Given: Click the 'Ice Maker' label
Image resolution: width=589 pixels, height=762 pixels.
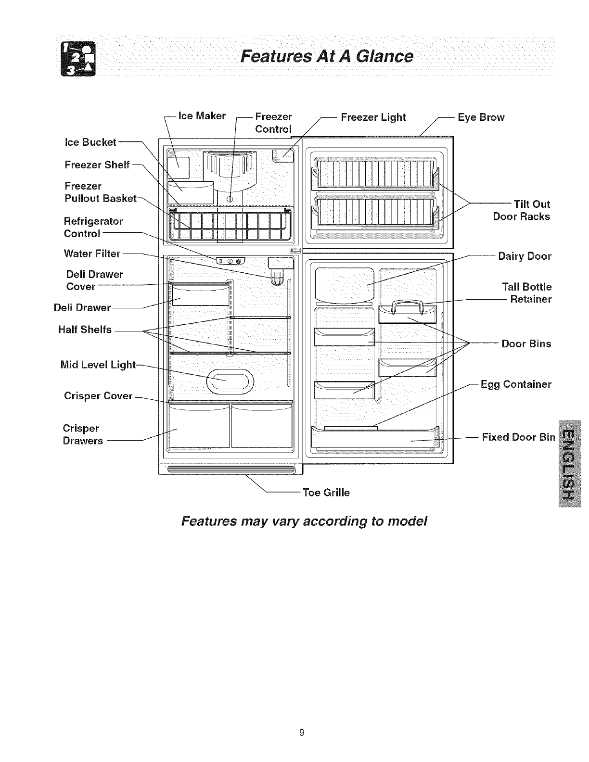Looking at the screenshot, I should [x=202, y=116].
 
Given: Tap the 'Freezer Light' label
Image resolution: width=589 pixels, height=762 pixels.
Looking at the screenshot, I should [x=373, y=117].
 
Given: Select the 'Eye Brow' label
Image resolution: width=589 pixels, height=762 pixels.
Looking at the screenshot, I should [x=481, y=117].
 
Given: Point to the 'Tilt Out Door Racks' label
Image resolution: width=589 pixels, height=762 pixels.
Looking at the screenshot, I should [x=522, y=210].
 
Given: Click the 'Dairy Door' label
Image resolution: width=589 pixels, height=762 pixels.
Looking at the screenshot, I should [x=525, y=256].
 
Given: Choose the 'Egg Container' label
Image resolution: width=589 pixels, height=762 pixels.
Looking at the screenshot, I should [x=516, y=384].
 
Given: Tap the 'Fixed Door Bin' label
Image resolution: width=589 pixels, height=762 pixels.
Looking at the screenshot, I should [x=518, y=437].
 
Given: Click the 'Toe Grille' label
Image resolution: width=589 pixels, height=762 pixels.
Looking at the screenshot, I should [x=326, y=493].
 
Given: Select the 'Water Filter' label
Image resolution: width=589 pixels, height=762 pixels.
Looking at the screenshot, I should [x=92, y=253].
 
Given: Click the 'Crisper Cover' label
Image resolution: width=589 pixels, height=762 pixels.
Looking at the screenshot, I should [x=98, y=396].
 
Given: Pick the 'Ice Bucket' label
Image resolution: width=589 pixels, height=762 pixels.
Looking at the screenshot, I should [x=90, y=142].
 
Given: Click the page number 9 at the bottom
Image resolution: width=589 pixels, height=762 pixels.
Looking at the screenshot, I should [x=302, y=733].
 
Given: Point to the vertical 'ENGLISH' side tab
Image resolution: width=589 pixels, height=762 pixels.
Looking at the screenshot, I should [x=568, y=462].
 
